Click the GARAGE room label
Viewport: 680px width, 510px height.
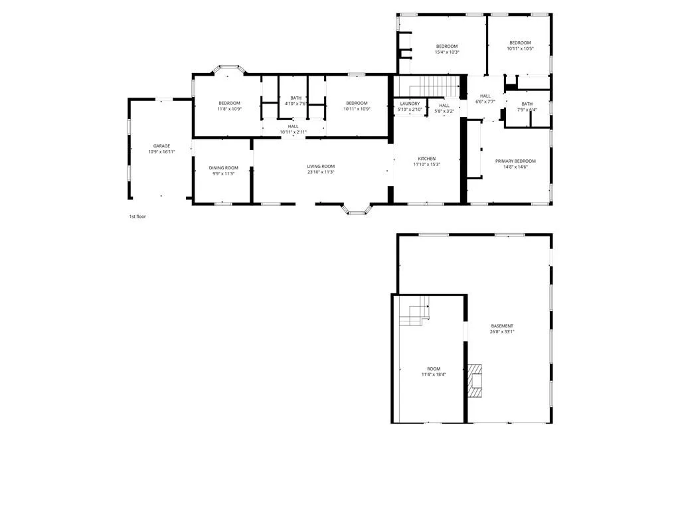pos(161,146)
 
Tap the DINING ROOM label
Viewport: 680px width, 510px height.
pos(223,168)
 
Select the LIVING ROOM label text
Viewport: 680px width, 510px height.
pos(321,167)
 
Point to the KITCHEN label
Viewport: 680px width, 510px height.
pos(427,159)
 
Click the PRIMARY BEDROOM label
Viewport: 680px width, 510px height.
pos(515,161)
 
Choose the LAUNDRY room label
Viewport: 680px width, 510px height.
pos(410,104)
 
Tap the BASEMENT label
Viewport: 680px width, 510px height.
pos(502,326)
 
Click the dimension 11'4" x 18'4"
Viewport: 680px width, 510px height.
pos(434,375)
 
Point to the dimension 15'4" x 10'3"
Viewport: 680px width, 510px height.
pos(447,52)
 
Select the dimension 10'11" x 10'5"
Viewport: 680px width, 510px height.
pos(520,48)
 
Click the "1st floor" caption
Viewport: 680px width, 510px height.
pos(137,216)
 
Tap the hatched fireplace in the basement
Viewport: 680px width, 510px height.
pos(475,381)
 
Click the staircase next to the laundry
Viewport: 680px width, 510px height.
pos(434,86)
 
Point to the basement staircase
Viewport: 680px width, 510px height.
pos(414,311)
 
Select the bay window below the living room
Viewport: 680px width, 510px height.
pos(357,209)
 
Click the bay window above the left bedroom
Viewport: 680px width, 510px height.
pos(229,69)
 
